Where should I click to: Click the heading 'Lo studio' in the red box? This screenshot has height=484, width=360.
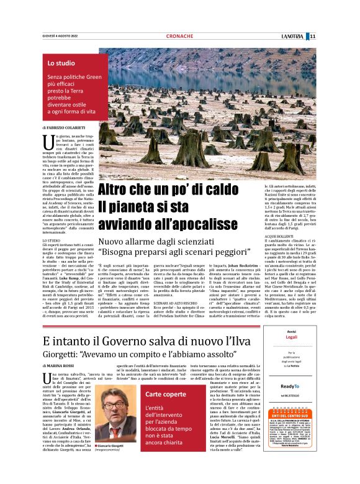point(61,63)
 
